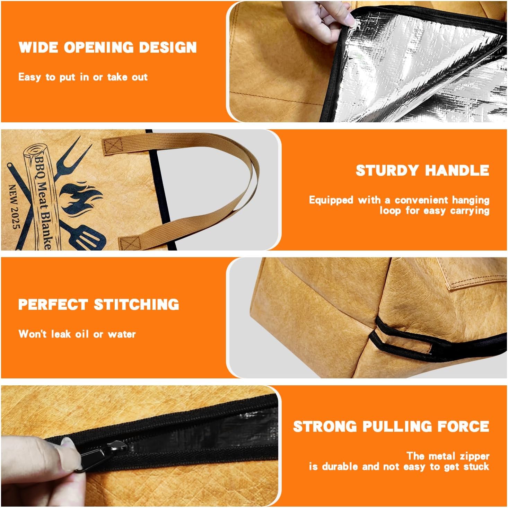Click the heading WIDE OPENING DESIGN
107,47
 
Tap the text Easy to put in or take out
83,77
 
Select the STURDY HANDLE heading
422,170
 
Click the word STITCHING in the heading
137,305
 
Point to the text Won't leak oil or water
77,334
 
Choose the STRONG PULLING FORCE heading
391,426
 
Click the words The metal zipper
448,456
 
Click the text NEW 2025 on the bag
15,207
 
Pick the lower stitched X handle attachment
130,243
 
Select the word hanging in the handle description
471,200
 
